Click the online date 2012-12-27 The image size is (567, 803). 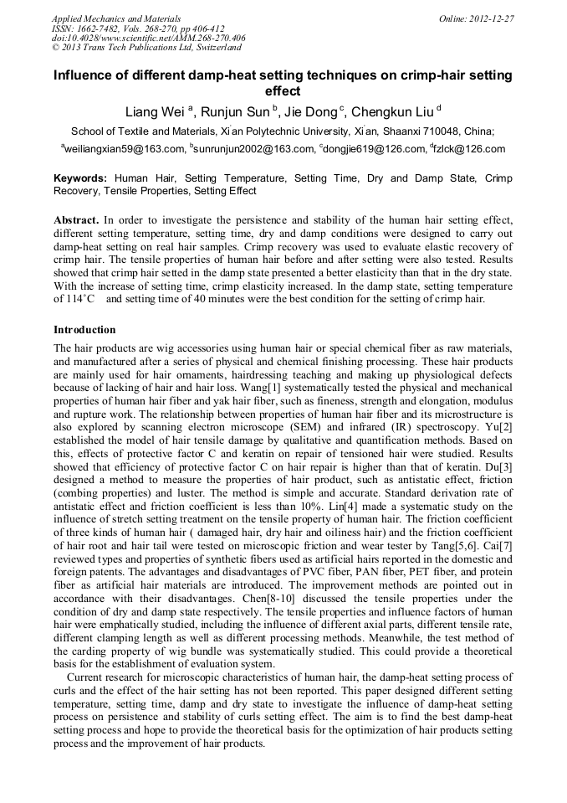(x=493, y=18)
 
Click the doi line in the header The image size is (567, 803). (x=148, y=38)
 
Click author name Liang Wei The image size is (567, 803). (x=155, y=112)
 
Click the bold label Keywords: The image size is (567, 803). (x=80, y=179)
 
